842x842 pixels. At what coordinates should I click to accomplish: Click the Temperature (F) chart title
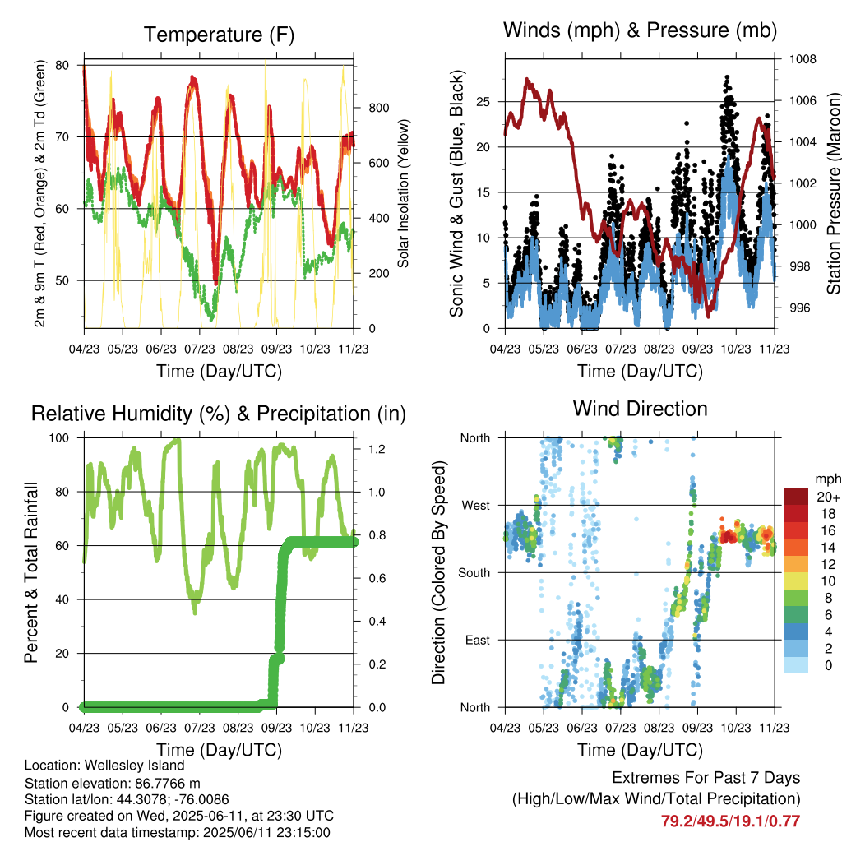219,35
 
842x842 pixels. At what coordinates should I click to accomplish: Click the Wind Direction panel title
640,409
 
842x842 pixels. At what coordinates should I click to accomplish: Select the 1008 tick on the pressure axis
803,59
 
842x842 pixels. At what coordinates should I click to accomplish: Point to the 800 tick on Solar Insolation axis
378,108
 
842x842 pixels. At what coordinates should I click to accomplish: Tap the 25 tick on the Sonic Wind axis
483,101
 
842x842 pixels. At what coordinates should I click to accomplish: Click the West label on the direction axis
476,506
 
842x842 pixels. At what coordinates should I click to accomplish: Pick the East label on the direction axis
478,640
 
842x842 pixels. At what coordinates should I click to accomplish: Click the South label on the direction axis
474,573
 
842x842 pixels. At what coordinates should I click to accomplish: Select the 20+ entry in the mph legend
828,497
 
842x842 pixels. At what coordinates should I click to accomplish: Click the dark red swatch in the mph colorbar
796,497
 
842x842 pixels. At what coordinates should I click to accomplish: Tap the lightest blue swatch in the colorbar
796,665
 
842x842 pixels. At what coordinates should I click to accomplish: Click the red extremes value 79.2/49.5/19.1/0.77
730,821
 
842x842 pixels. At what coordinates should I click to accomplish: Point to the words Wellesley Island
134,766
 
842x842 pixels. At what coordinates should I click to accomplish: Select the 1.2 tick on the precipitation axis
377,449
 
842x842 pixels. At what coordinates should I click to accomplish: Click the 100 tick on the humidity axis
59,438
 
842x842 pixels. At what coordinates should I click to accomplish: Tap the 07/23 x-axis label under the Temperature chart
199,349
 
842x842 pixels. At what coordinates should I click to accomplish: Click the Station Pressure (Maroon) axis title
833,193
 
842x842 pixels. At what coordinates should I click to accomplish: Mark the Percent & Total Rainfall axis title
31,572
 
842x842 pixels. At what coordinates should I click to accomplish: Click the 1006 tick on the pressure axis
803,100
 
